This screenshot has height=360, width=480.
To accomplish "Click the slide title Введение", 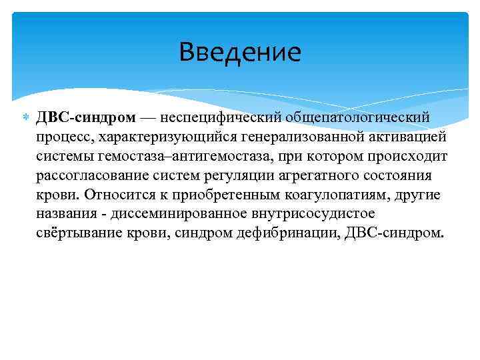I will tap(240, 52).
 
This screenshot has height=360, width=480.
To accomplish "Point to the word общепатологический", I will tap(363, 117).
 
